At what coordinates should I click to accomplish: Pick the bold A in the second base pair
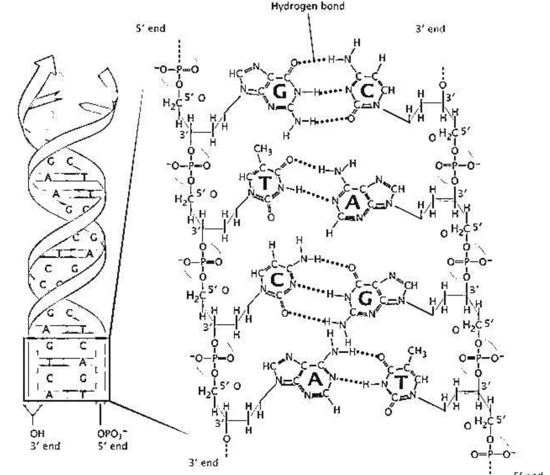tap(352, 203)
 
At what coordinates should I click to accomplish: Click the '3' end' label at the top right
tap(428, 29)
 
